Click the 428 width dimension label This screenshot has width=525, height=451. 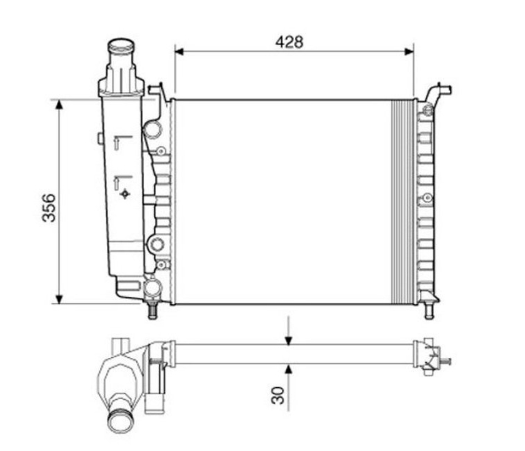(289, 42)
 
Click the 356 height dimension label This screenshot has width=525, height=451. (49, 208)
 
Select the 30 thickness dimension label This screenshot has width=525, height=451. (278, 395)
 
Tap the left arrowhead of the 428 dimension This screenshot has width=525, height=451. (179, 51)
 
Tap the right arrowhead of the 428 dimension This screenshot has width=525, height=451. (409, 51)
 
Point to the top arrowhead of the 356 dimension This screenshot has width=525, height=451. (59, 104)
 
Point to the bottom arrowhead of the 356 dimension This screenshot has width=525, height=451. (59, 299)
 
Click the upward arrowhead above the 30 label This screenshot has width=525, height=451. (288, 369)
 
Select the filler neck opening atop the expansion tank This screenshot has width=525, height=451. (121, 46)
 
